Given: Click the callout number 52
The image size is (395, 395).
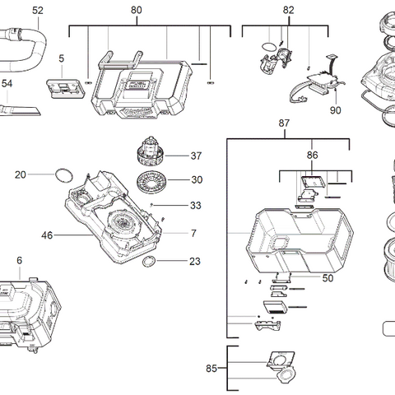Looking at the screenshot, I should pyautogui.click(x=38, y=10).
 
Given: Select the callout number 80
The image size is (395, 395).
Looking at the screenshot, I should pyautogui.click(x=137, y=10).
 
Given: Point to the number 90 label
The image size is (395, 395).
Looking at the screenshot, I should pyautogui.click(x=336, y=109).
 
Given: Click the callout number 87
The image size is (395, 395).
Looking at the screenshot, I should pyautogui.click(x=284, y=123).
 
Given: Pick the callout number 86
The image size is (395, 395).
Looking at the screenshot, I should pyautogui.click(x=312, y=154).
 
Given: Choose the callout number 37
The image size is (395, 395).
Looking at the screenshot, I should pyautogui.click(x=196, y=156).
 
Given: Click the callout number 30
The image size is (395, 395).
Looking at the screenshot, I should pyautogui.click(x=196, y=180).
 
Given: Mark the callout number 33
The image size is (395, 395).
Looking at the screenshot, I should pyautogui.click(x=195, y=206).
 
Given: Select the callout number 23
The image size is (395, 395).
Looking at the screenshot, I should pyautogui.click(x=194, y=262).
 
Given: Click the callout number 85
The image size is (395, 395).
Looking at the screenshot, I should pyautogui.click(x=211, y=369).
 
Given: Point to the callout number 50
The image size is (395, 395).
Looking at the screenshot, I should pyautogui.click(x=328, y=279).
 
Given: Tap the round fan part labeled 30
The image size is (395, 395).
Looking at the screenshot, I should pyautogui.click(x=151, y=181).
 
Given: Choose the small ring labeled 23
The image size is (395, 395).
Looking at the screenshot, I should pyautogui.click(x=149, y=262).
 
